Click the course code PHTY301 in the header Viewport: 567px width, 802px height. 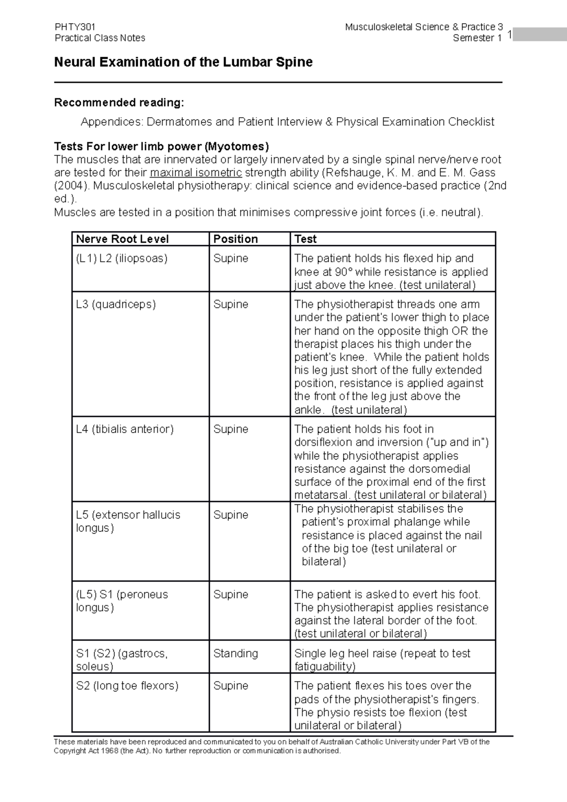pos(75,27)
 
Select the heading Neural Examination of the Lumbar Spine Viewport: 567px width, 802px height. pos(183,62)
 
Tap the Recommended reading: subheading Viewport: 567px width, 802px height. pos(119,102)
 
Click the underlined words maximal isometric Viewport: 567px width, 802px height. pos(196,172)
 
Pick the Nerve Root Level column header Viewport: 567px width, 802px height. pos(122,239)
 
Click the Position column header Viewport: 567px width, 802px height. pos(235,239)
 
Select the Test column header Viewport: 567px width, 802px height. pos(305,239)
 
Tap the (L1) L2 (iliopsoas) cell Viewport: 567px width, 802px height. pos(121,258)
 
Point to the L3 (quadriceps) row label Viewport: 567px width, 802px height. pos(116,304)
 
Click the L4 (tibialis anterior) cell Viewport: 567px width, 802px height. pos(125,429)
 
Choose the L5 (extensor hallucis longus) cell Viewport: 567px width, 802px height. pos(128,521)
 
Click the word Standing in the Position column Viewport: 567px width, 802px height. pos(235,653)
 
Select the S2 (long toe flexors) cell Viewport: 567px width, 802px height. pos(127,685)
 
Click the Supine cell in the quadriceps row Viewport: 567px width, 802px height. pos(231,304)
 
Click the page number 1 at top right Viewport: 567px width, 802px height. pos(509,35)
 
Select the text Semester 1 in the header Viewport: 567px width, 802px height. pos(477,38)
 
